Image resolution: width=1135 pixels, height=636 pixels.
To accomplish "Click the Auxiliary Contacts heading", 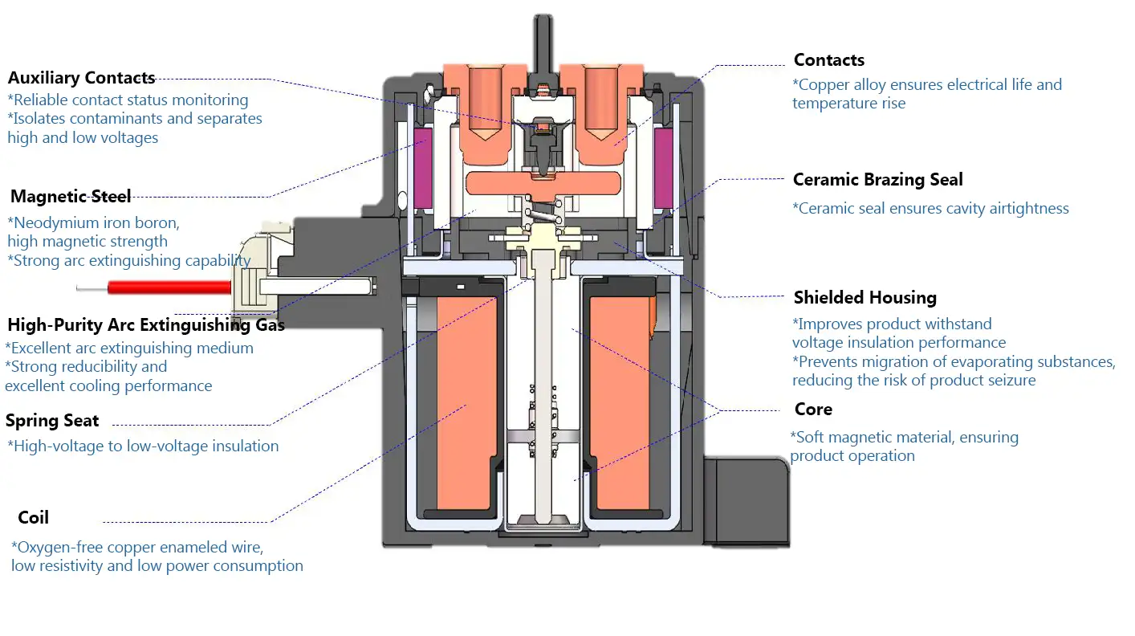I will point(81,78).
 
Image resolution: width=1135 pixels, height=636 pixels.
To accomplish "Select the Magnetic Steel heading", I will point(71,196).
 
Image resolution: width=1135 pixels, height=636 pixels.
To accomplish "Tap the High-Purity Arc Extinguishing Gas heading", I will point(146,325).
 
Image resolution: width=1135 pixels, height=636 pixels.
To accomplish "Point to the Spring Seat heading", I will point(52,421).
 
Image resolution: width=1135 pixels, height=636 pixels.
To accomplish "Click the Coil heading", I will point(34,517).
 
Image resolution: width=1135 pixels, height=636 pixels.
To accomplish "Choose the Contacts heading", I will point(829,60).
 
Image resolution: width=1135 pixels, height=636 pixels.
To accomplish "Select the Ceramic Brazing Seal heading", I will point(878,180).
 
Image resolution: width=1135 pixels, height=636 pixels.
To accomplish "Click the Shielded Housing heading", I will point(865,298).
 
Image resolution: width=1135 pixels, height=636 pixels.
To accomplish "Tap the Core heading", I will point(813,410).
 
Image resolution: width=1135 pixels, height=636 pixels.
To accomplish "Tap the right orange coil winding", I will point(623,406).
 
